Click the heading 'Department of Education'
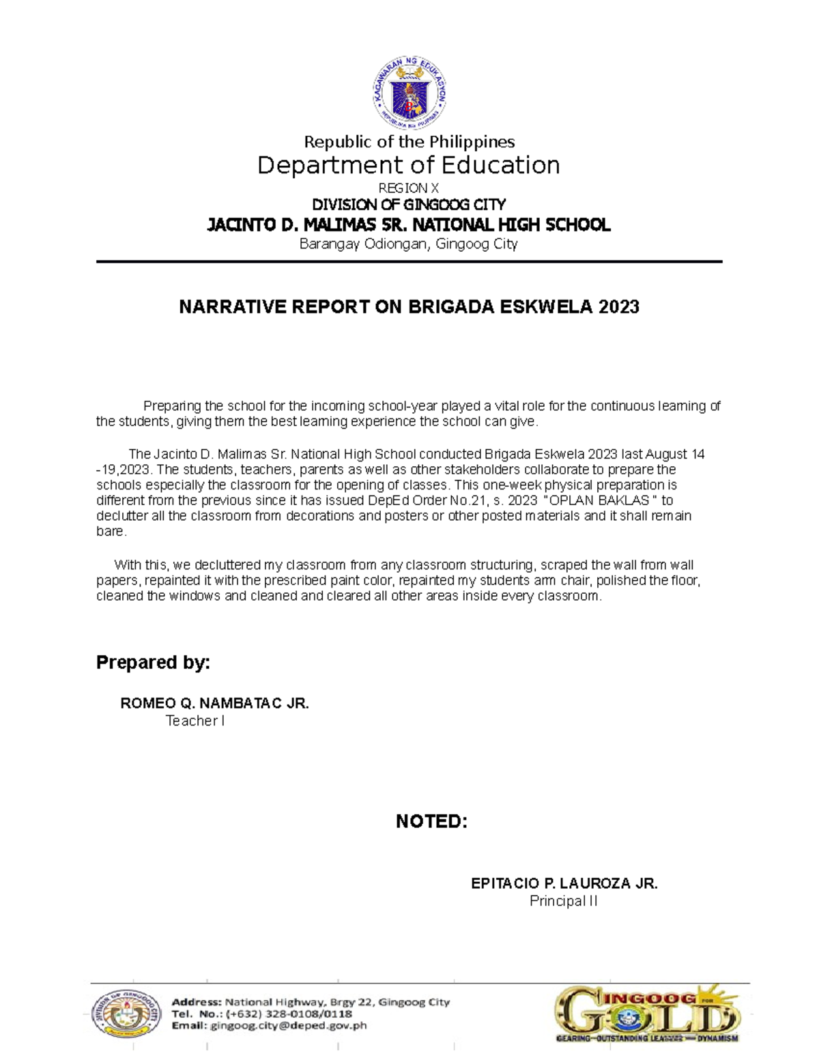409,166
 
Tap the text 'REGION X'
409,188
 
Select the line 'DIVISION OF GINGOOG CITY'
409,205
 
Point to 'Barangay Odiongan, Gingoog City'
409,244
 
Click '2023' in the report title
618,307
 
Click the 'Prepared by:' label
153,662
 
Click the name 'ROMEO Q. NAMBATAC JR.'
214,703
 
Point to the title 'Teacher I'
195,721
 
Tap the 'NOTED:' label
431,821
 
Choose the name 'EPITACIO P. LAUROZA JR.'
564,883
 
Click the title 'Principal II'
564,901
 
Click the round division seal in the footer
127,1014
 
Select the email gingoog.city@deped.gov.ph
289,1025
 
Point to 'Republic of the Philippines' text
409,142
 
